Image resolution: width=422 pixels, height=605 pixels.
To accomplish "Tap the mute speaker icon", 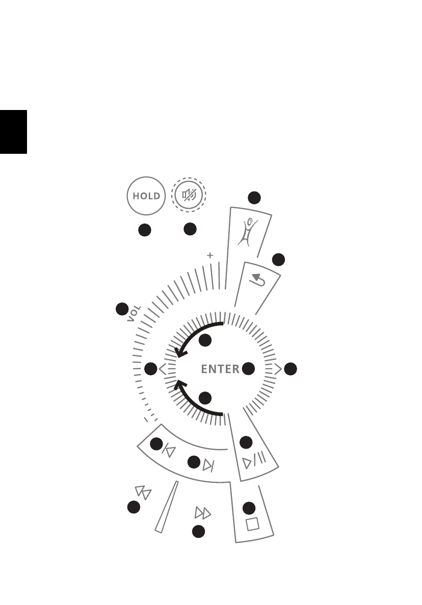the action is tap(189, 195).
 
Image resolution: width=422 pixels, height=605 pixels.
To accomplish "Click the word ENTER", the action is tap(220, 369).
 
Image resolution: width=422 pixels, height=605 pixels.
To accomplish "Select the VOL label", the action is tap(134, 313).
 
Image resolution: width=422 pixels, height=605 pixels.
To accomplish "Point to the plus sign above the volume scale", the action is tap(210, 255).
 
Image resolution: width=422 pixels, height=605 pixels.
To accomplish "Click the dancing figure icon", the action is tap(248, 232).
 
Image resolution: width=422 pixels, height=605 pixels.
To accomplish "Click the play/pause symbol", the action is tap(254, 459).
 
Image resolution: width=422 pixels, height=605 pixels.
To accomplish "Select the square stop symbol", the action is tap(252, 524).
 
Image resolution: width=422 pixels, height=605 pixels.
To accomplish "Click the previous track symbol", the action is tap(169, 450).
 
